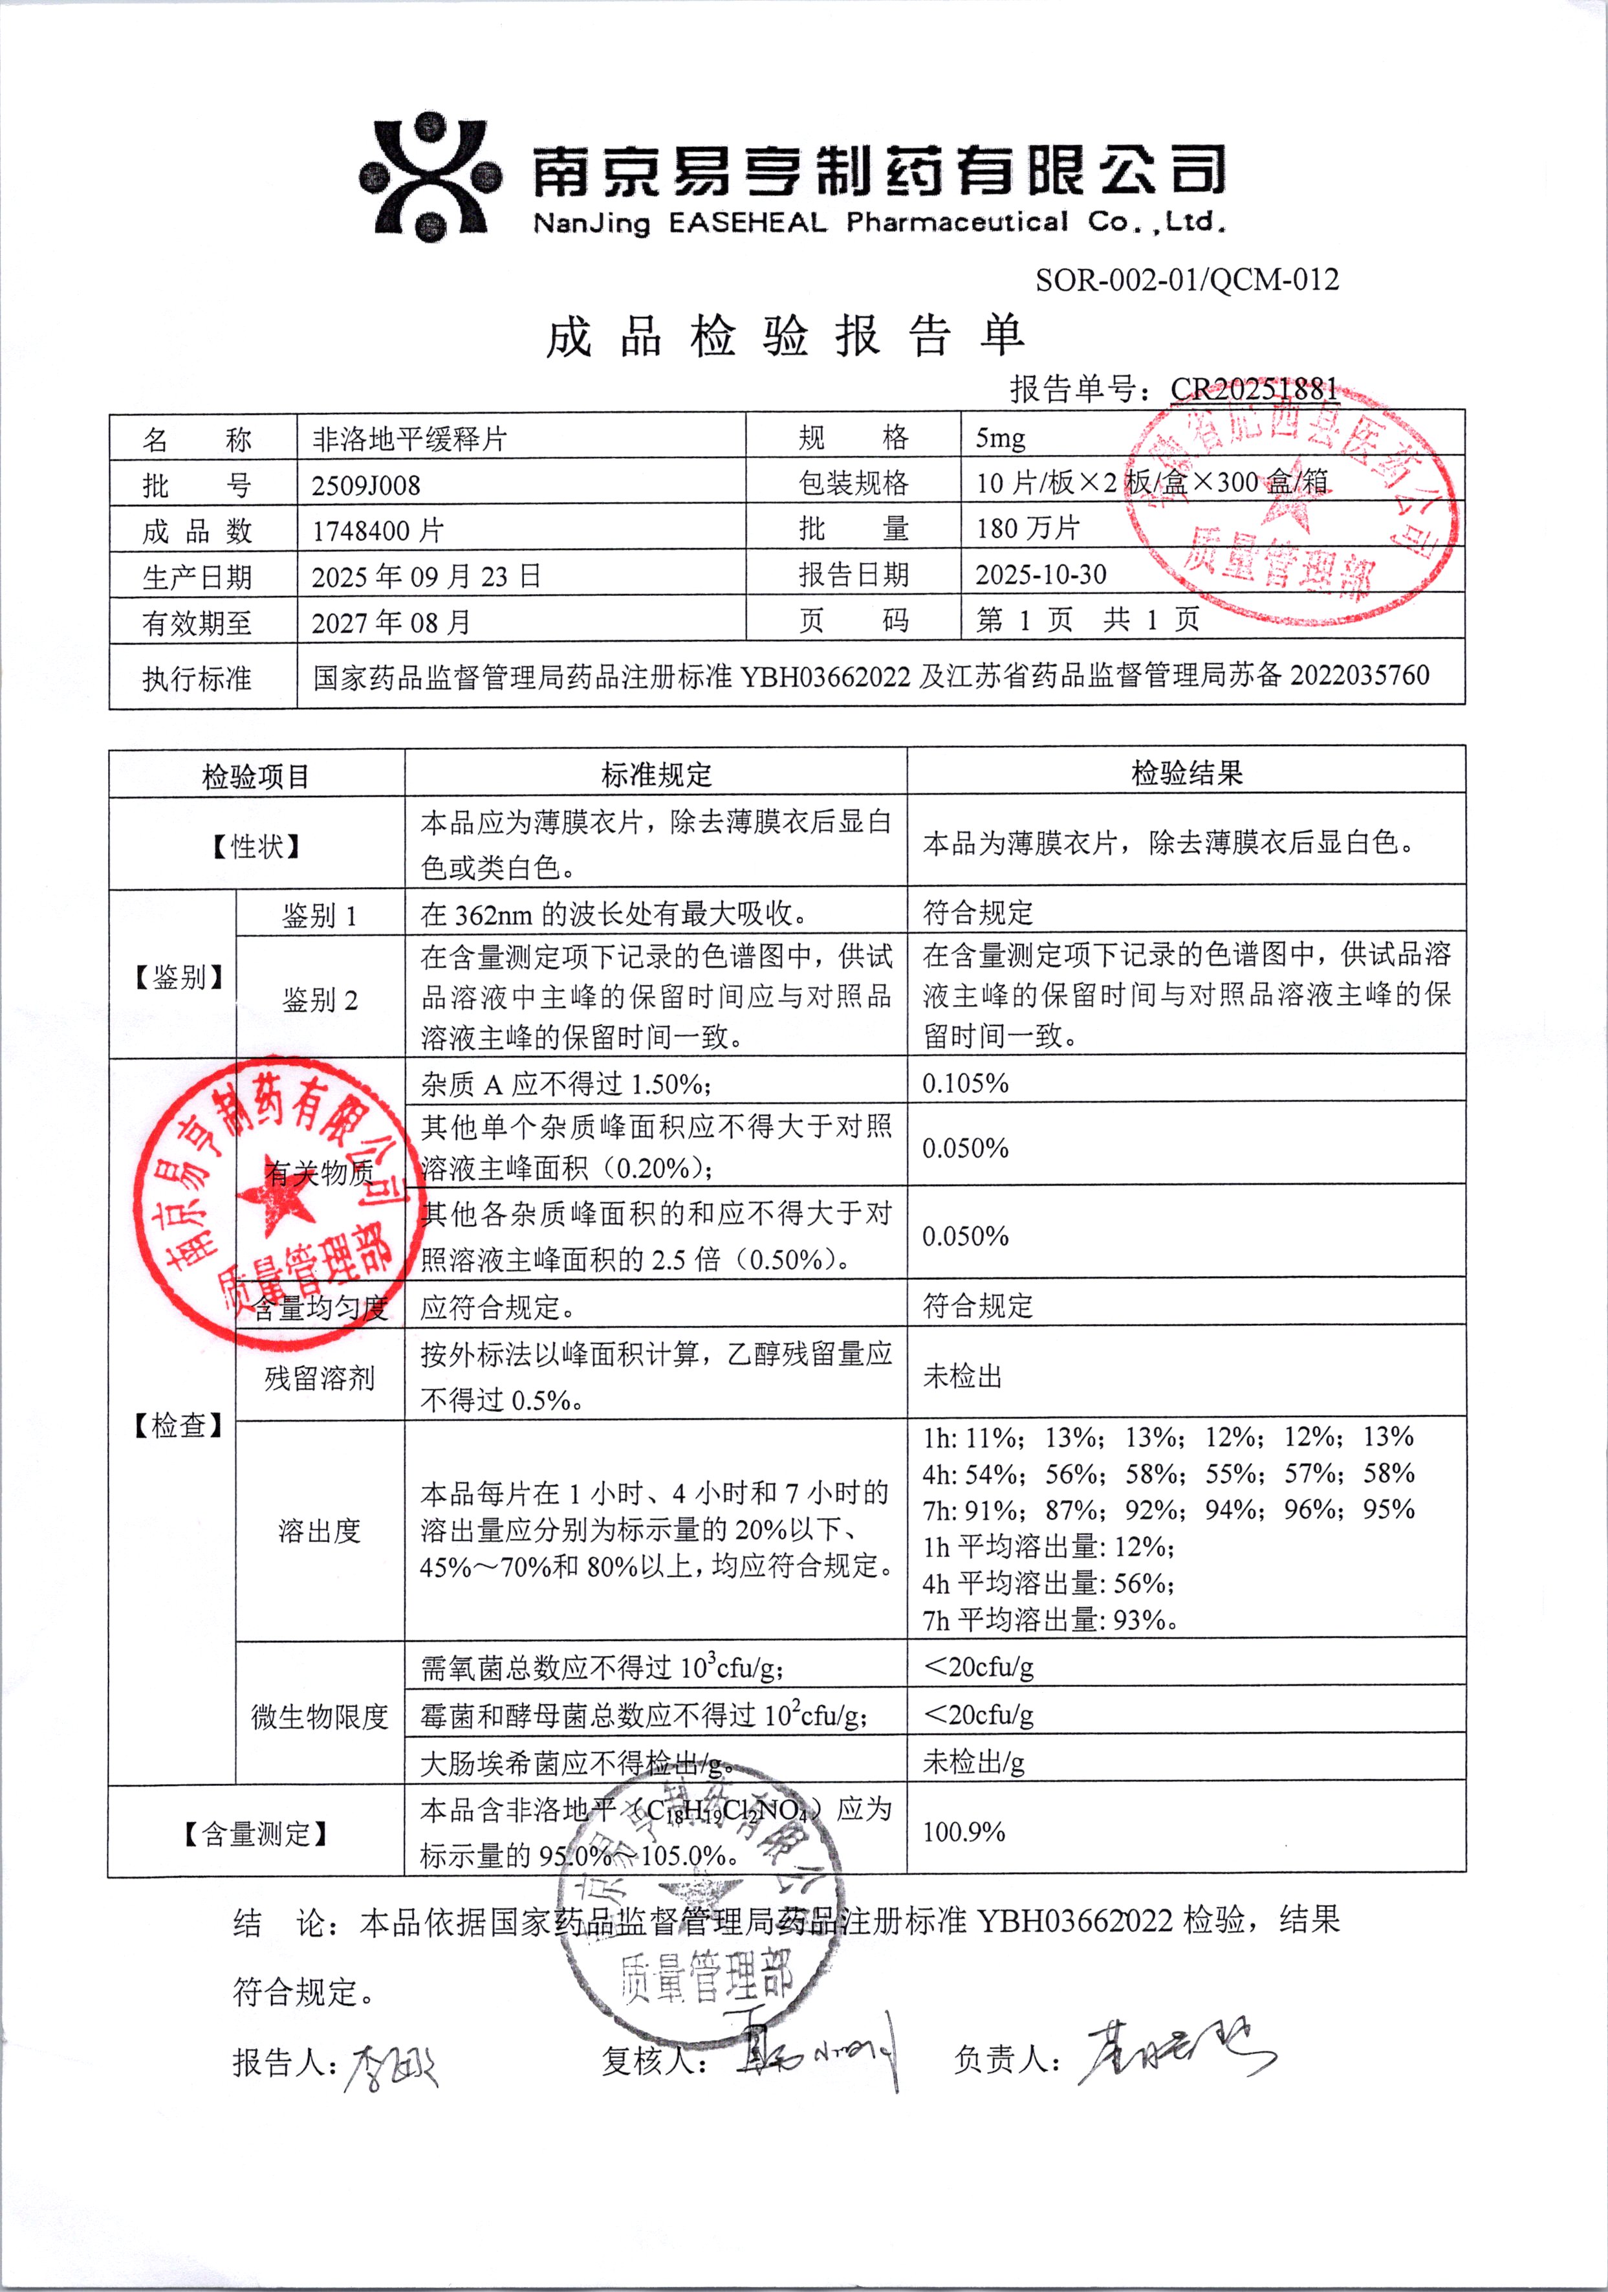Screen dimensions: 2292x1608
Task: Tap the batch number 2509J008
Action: point(365,485)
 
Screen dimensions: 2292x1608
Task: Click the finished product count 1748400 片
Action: point(376,531)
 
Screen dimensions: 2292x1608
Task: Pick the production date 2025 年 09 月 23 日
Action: point(425,577)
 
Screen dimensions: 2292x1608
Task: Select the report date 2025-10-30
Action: point(1040,574)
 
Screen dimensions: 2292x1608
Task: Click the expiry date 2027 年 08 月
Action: point(390,623)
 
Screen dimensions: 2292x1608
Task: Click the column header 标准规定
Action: point(656,774)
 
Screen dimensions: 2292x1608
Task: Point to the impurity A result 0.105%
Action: point(965,1083)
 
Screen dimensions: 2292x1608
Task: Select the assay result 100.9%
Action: point(963,1832)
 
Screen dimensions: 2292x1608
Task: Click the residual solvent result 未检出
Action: point(962,1376)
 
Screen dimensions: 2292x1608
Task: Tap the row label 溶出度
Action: point(320,1530)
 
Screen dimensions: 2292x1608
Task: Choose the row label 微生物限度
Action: point(320,1717)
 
